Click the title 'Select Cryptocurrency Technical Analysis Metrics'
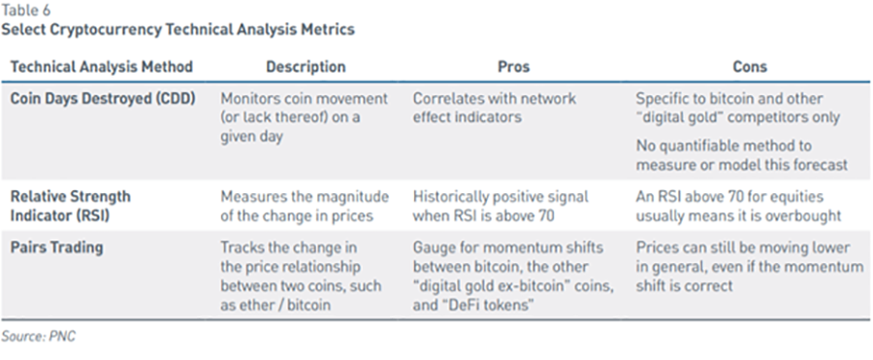178,29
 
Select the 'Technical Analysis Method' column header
102,67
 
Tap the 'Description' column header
306,67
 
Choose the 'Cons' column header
750,67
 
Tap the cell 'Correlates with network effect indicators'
494,108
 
